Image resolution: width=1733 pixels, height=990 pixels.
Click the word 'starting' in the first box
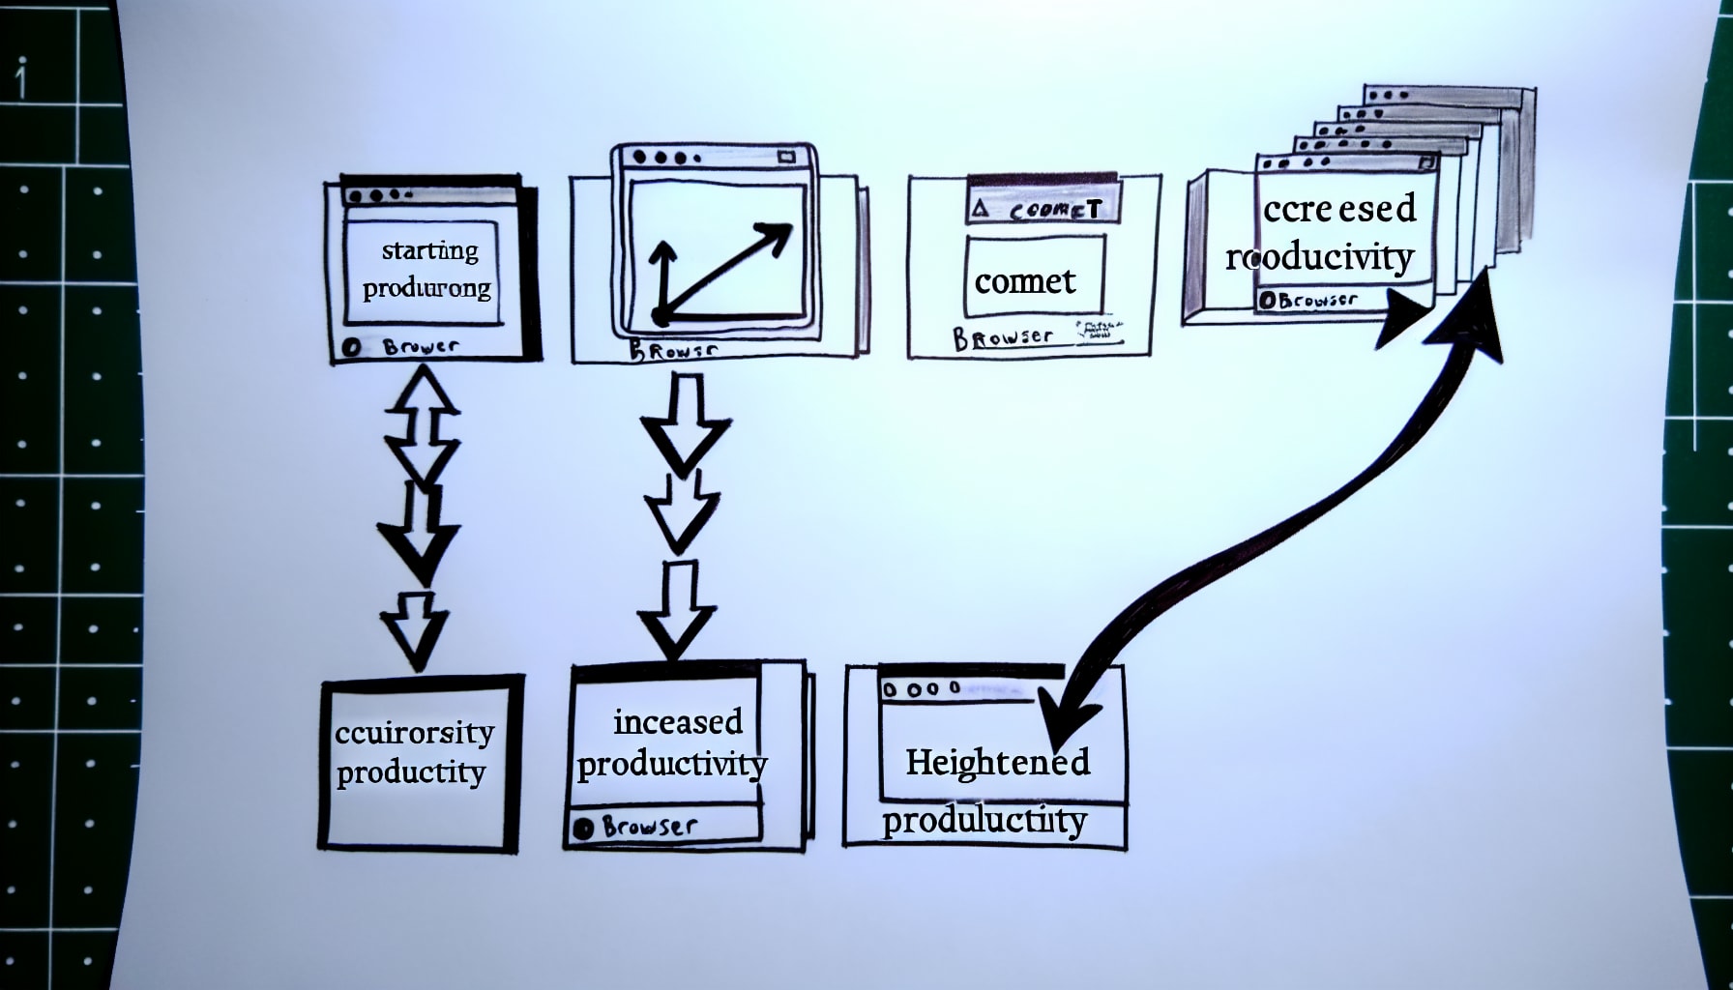pos(429,250)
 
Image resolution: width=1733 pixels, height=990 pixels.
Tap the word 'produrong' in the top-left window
pos(426,288)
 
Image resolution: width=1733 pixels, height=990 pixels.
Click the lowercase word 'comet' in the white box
pos(1024,281)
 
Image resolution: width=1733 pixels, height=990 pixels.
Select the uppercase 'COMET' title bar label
pos(1055,209)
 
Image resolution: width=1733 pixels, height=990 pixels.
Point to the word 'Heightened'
pos(997,762)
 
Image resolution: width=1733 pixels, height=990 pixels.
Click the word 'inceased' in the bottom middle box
pos(678,722)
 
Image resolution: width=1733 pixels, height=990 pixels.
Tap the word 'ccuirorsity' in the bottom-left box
pos(414,732)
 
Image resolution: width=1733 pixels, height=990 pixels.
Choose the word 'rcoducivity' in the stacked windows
pos(1319,257)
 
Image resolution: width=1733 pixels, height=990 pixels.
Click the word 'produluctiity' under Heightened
pos(984,821)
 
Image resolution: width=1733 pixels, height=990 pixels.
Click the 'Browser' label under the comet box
pos(1003,337)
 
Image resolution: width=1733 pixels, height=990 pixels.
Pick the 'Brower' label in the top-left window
pos(421,346)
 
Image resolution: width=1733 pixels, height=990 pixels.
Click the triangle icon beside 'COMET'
pos(981,208)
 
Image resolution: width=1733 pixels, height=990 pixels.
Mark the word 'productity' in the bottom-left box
pos(411,772)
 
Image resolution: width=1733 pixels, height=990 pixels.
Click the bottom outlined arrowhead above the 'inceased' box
pos(677,634)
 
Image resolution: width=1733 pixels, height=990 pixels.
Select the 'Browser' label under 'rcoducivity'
pos(1307,301)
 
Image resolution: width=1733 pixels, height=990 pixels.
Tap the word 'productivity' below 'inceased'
pos(672,765)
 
